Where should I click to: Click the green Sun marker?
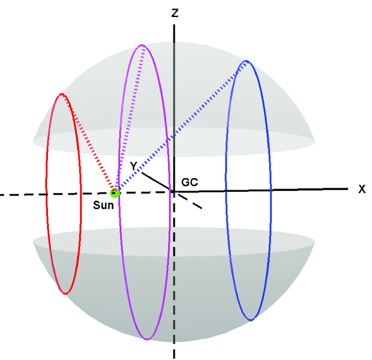(x=115, y=193)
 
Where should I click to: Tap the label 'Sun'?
(x=104, y=206)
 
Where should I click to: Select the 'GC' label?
(x=190, y=182)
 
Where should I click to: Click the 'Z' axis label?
(x=175, y=13)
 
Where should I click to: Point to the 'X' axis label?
(x=362, y=189)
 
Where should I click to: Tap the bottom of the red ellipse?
(x=65, y=294)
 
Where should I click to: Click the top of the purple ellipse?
(x=142, y=45)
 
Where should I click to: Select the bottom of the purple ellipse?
(x=147, y=339)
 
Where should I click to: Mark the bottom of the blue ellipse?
(x=251, y=320)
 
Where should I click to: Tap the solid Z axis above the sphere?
(x=174, y=31)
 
